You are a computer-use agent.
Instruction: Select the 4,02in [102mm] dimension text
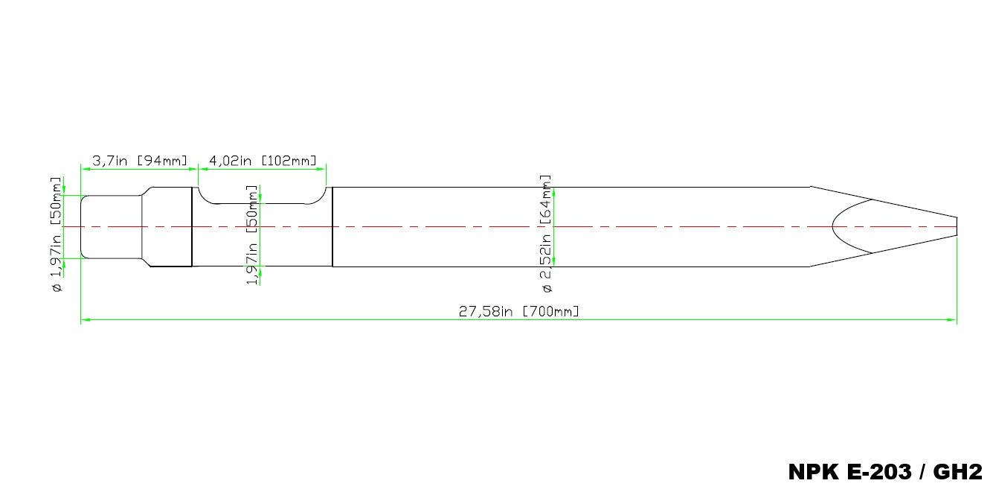pyautogui.click(x=263, y=160)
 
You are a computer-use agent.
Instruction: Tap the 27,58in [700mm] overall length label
pyautogui.click(x=518, y=311)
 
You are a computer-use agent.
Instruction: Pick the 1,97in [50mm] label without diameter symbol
pyautogui.click(x=253, y=234)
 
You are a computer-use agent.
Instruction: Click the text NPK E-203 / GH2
pyautogui.click(x=885, y=472)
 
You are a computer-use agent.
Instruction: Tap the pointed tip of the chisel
pyautogui.click(x=955, y=226)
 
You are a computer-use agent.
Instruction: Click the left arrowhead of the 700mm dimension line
pyautogui.click(x=84, y=320)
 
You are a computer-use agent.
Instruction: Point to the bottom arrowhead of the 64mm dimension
pyautogui.click(x=554, y=263)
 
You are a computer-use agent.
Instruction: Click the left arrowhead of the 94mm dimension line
pyautogui.click(x=84, y=169)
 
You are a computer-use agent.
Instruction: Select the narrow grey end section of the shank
pyautogui.click(x=111, y=227)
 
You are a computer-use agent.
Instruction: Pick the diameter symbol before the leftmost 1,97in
pyautogui.click(x=57, y=288)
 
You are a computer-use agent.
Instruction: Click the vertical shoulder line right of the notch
pyautogui.click(x=332, y=226)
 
